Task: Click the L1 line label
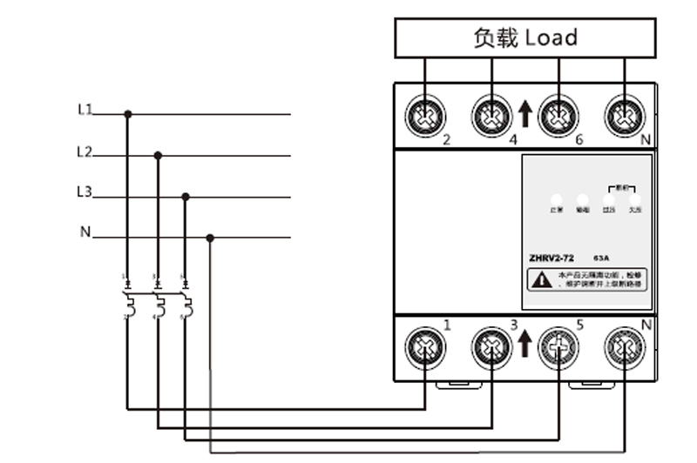[x=85, y=110]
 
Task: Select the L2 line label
[x=85, y=151]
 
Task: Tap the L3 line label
[x=85, y=192]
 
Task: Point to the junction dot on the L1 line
[x=128, y=114]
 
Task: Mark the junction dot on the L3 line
[x=185, y=198]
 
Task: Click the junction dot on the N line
[x=210, y=237]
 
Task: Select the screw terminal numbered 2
[x=425, y=116]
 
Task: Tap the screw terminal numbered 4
[x=492, y=116]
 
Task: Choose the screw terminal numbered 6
[x=558, y=116]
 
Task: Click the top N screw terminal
[x=626, y=116]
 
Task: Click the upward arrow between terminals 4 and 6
[x=524, y=114]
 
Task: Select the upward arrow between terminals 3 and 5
[x=524, y=344]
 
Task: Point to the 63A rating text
[x=602, y=258]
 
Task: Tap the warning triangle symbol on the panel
[x=541, y=279]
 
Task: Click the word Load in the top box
[x=551, y=37]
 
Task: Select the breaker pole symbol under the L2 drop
[x=158, y=303]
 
